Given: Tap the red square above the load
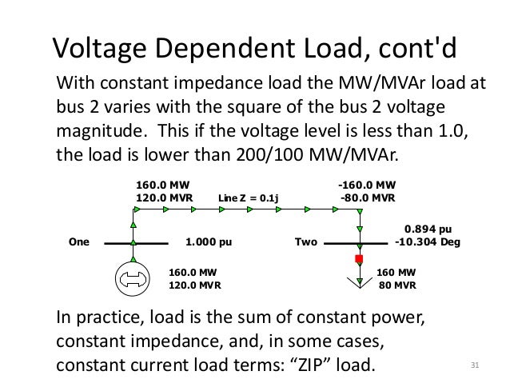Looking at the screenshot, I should [359, 259].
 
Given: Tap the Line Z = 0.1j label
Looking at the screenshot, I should [253, 198].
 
